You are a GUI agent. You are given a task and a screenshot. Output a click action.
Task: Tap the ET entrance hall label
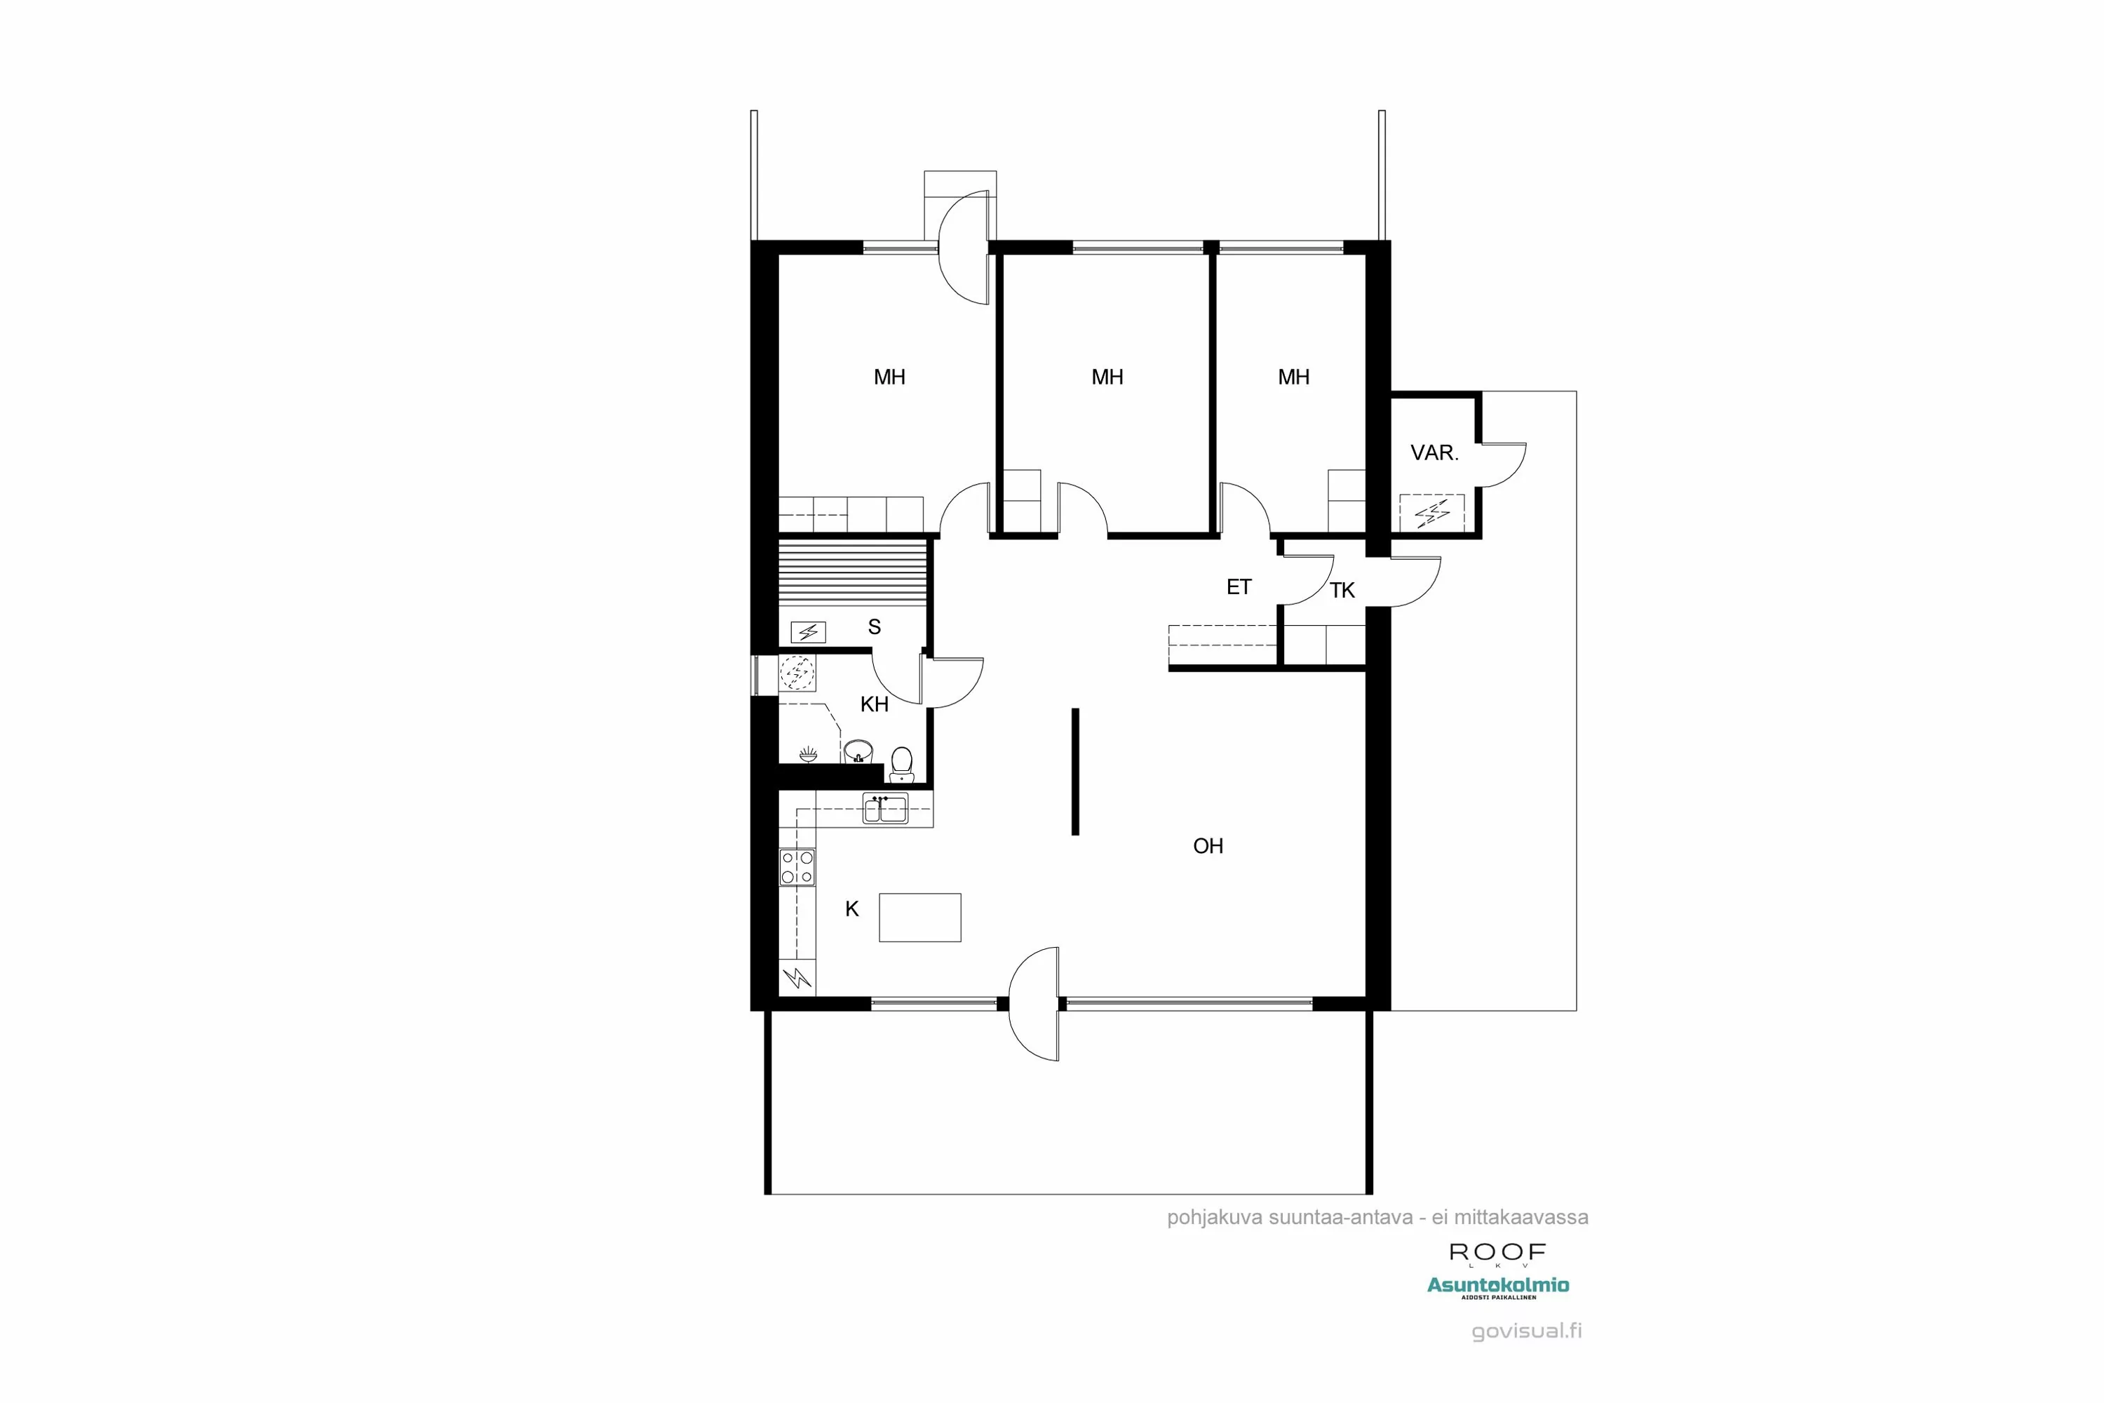(1238, 587)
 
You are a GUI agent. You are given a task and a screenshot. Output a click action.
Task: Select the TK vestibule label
(1342, 591)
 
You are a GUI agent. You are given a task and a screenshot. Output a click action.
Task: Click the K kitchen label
(851, 909)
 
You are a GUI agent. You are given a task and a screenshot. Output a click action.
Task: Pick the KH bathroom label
(874, 704)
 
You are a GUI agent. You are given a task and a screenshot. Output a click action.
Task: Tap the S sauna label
(874, 627)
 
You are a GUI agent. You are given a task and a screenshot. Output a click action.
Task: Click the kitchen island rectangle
(919, 917)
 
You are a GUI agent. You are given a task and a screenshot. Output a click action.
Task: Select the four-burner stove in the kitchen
(796, 867)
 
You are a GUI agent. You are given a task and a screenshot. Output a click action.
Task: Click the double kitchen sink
(884, 808)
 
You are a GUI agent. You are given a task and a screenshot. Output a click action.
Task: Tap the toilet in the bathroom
(902, 763)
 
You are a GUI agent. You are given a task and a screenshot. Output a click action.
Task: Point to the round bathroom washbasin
(858, 750)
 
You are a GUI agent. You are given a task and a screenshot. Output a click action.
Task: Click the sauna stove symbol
(808, 633)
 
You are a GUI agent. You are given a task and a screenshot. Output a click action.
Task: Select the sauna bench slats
(851, 572)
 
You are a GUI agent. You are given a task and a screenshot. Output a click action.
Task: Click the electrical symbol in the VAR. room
(1432, 513)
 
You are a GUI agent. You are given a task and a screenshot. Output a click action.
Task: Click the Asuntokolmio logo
(1497, 1286)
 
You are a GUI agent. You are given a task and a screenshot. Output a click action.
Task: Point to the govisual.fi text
(1526, 1331)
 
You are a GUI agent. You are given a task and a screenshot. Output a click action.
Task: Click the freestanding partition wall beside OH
(1075, 771)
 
